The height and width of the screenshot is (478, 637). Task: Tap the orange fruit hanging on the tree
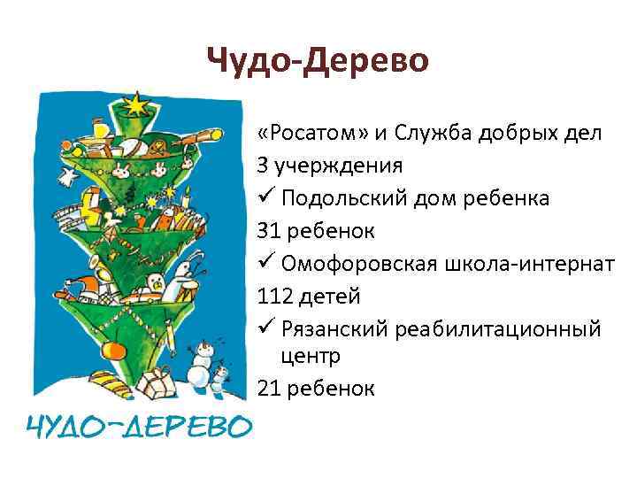(x=112, y=350)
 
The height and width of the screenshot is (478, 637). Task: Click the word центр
(x=310, y=355)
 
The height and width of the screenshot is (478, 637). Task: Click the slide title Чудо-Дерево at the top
(x=318, y=60)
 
